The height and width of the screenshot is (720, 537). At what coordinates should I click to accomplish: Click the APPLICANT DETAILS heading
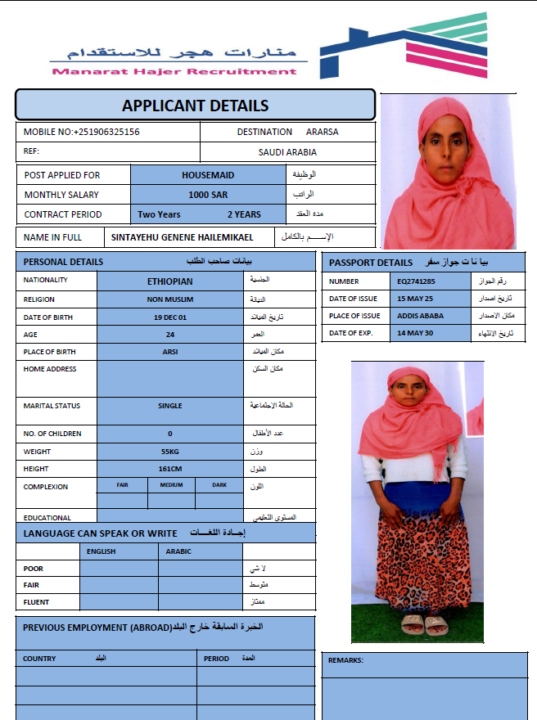click(x=195, y=106)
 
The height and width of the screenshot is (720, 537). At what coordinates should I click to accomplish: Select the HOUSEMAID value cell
click(x=208, y=175)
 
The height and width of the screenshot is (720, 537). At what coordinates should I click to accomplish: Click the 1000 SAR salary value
click(x=208, y=195)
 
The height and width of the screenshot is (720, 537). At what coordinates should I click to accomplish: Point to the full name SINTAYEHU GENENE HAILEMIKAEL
click(x=183, y=237)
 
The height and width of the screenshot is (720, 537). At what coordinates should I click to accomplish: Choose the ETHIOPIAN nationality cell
click(x=170, y=281)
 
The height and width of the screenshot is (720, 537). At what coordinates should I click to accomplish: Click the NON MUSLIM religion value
click(x=170, y=299)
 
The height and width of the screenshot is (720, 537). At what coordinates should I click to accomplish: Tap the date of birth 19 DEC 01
click(x=170, y=317)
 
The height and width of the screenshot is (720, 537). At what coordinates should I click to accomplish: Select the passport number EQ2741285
click(x=417, y=281)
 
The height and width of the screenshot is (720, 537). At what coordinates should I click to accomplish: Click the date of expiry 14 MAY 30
click(x=415, y=333)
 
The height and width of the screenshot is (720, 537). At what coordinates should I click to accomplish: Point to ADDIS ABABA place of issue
click(x=419, y=316)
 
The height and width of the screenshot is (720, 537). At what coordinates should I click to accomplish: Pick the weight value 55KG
click(x=170, y=452)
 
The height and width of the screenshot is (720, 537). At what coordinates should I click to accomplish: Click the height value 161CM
click(x=170, y=469)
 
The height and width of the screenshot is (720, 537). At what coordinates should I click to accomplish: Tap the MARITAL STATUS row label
click(x=51, y=406)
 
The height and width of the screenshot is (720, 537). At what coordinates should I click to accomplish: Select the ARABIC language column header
click(x=178, y=551)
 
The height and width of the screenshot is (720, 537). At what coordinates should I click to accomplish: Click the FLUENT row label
click(x=37, y=602)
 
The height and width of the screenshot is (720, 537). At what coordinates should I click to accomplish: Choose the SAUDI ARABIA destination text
click(x=287, y=152)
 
